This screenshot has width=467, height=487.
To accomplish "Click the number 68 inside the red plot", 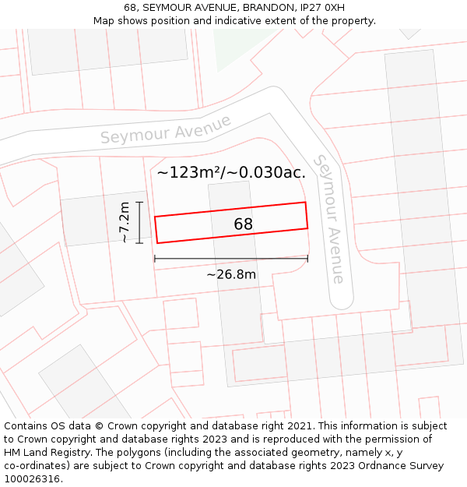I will pyautogui.click(x=243, y=224).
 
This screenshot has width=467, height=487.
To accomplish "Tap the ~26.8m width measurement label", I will pyautogui.click(x=231, y=274).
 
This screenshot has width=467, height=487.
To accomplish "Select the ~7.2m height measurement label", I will pyautogui.click(x=125, y=222).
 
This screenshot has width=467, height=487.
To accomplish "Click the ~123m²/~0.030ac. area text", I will pyautogui.click(x=231, y=173).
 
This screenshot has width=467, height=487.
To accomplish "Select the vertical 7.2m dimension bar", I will pyautogui.click(x=139, y=222).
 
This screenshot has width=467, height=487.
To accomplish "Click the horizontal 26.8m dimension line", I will pyautogui.click(x=231, y=258).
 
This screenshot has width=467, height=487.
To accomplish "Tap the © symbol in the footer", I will pyautogui.click(x=99, y=426).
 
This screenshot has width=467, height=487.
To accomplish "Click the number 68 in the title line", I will pyautogui.click(x=130, y=8).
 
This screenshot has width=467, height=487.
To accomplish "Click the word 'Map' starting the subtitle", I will pyautogui.click(x=104, y=21).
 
